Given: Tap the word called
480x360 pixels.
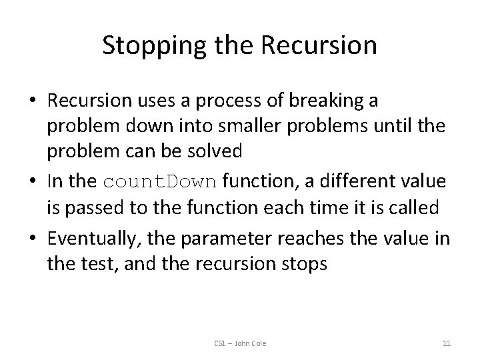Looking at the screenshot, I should pyautogui.click(x=412, y=207).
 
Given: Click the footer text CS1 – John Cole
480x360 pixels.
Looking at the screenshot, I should pyautogui.click(x=239, y=343).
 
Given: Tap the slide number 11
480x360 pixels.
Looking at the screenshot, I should pyautogui.click(x=447, y=343).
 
